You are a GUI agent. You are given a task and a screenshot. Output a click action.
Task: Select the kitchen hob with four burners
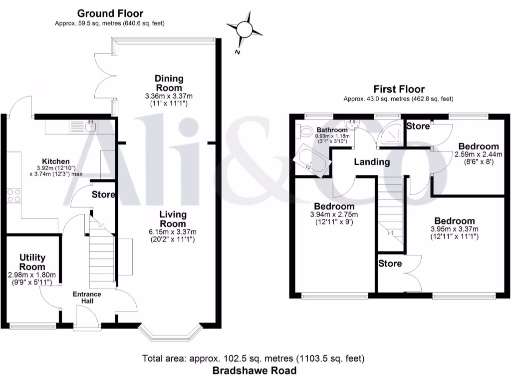point(14,195)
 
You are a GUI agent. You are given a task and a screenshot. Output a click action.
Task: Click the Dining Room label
point(169,82)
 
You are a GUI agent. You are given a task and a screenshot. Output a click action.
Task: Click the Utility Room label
point(32,261)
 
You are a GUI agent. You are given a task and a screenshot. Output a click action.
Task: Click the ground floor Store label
point(103,194)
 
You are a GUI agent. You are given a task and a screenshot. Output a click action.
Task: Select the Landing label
point(372,162)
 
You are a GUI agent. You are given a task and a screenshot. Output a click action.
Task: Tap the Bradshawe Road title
point(255,370)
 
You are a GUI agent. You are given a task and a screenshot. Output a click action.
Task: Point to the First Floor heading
point(398,89)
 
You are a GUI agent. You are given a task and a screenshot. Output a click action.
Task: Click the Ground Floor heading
point(110,13)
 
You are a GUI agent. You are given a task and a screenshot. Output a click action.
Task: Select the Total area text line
point(254,358)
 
